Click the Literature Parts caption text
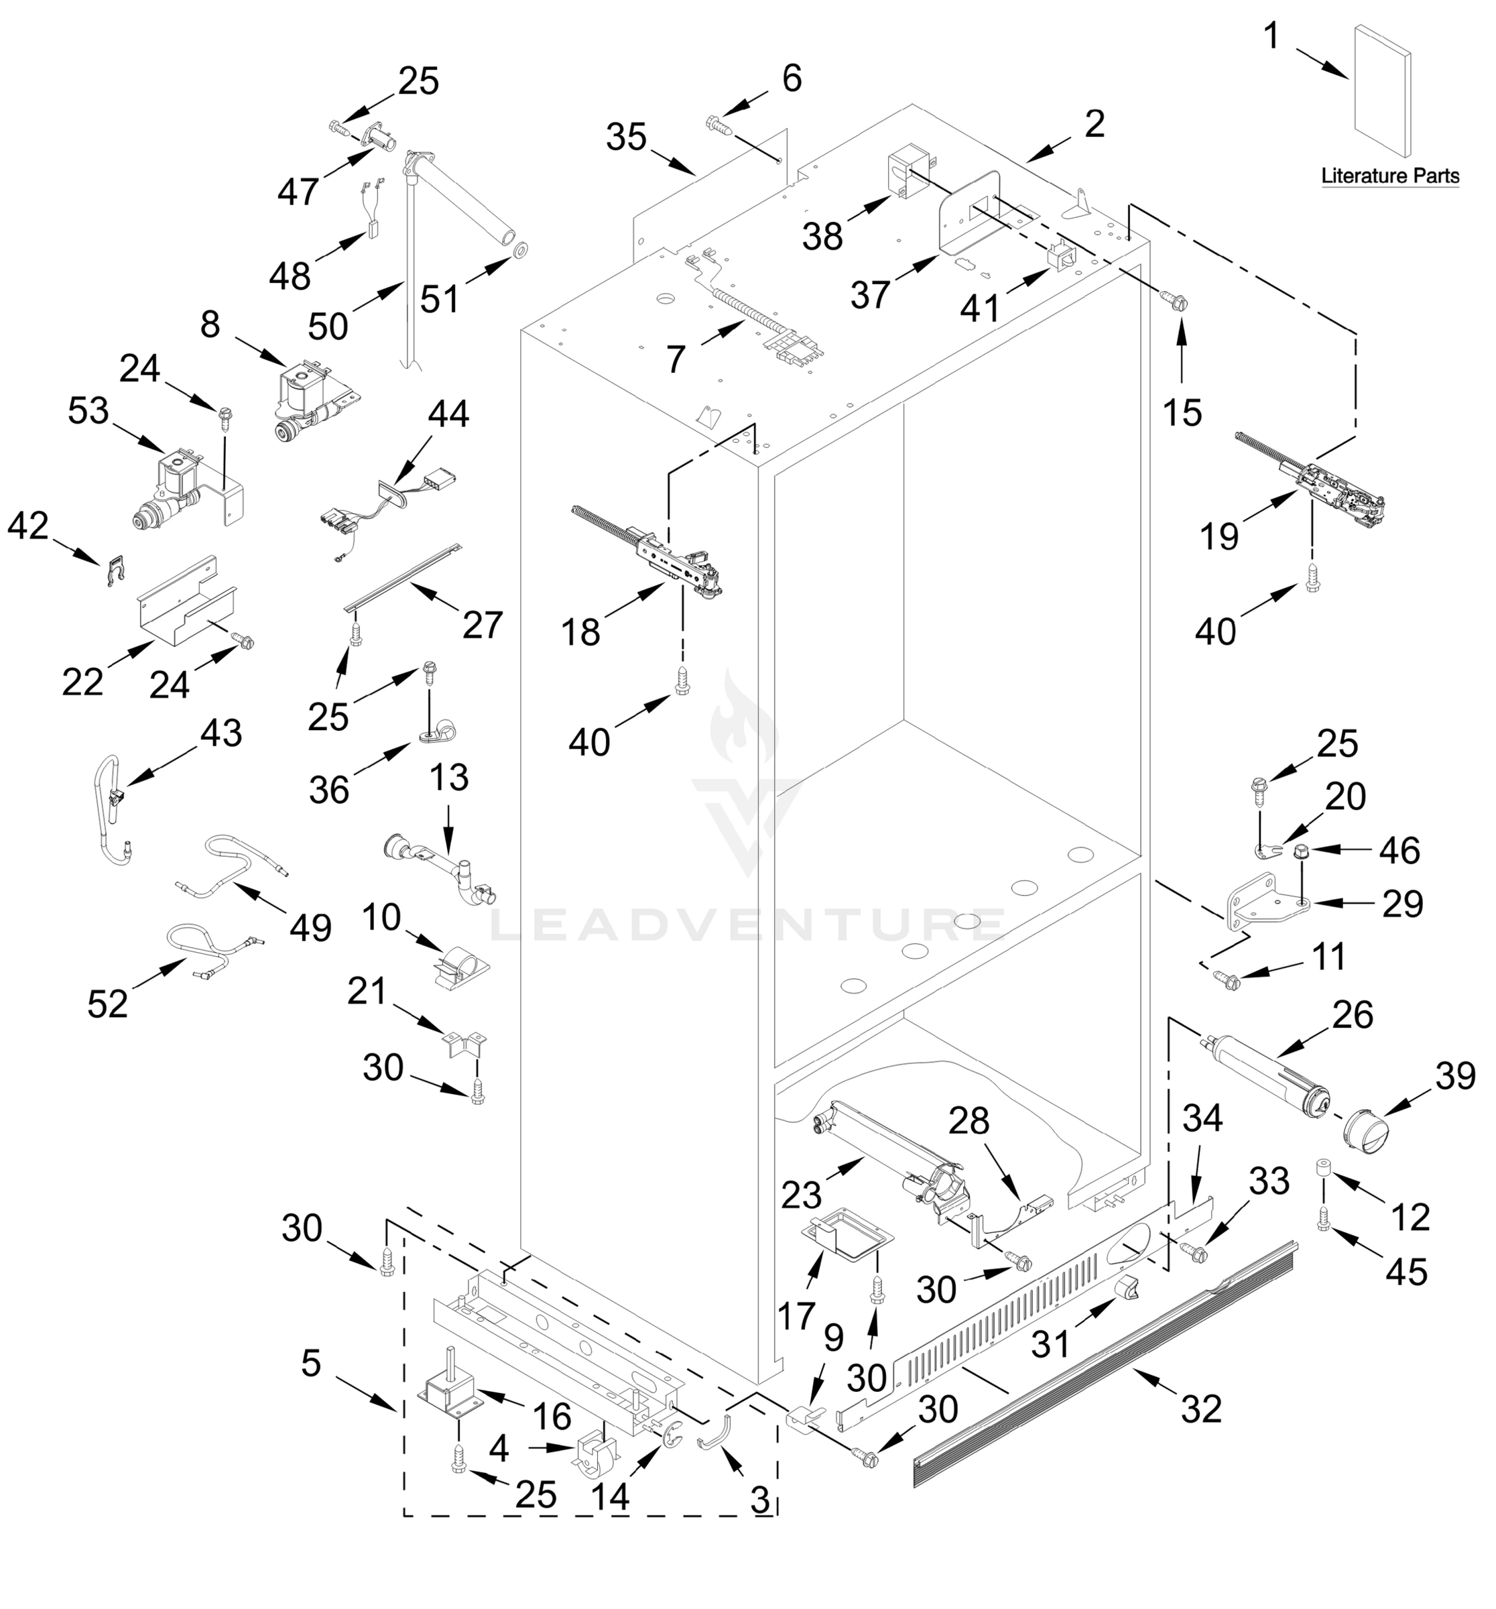point(1389,176)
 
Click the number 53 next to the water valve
point(88,411)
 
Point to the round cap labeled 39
point(1364,1133)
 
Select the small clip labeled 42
point(117,570)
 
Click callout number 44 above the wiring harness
point(448,414)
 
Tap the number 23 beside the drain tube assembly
point(801,1195)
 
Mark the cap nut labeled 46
point(1302,850)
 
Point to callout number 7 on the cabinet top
point(676,359)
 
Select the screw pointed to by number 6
point(719,125)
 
